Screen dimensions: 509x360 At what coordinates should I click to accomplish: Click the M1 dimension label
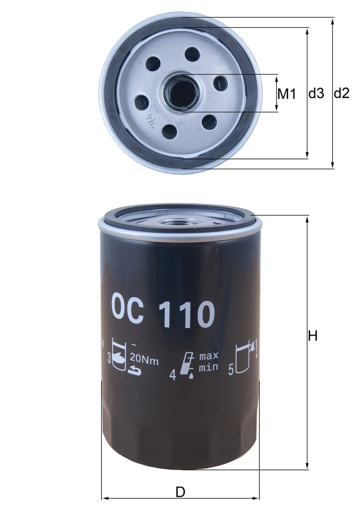[287, 94]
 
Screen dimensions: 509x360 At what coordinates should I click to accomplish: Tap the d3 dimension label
[316, 94]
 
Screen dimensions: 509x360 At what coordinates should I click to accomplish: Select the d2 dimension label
[341, 94]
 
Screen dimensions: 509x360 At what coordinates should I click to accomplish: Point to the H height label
[312, 336]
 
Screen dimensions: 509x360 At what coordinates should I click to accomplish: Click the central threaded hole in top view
[181, 92]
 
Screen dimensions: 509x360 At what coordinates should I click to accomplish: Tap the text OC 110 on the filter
[162, 313]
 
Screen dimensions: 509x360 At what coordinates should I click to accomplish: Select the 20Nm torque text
[144, 361]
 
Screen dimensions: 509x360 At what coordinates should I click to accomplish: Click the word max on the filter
[208, 355]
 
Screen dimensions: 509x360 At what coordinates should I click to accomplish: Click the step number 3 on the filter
[109, 360]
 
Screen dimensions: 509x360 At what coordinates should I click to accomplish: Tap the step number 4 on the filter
[173, 375]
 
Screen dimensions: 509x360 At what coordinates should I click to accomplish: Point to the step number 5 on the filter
[231, 370]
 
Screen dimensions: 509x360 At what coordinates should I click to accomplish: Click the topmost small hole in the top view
[192, 55]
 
